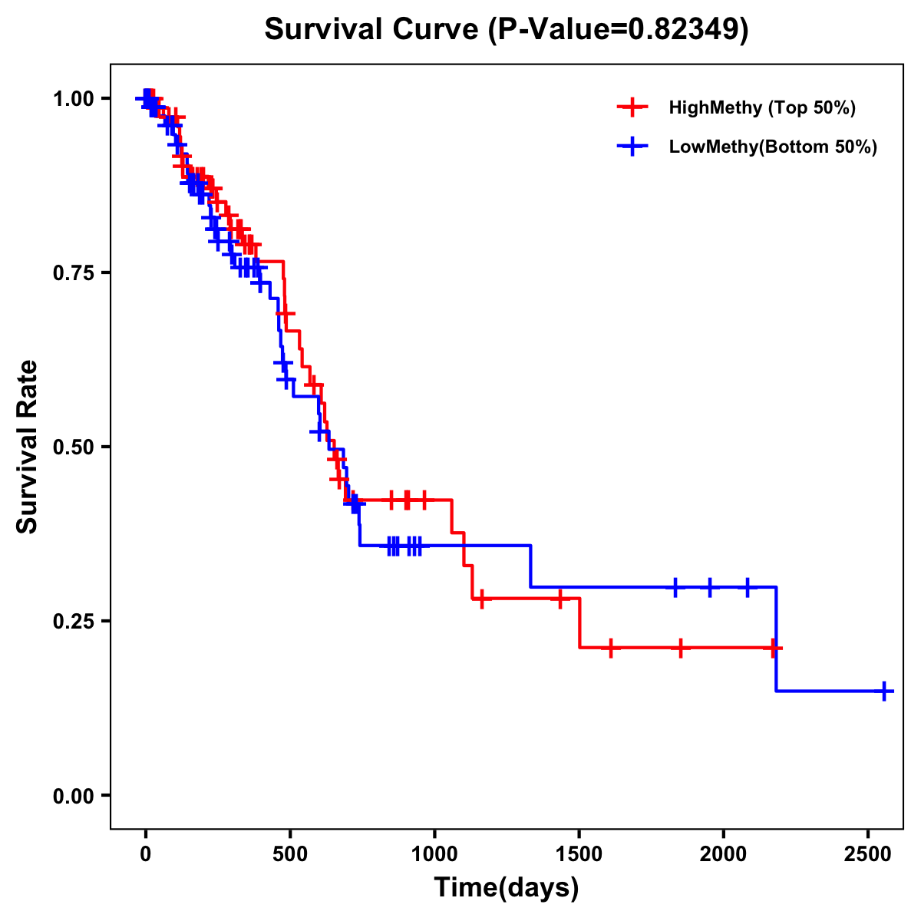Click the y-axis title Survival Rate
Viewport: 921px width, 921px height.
(x=28, y=446)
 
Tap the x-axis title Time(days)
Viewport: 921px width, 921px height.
(x=507, y=887)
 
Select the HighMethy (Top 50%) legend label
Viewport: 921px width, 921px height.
(x=762, y=107)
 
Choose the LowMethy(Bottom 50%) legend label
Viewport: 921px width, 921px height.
(x=773, y=147)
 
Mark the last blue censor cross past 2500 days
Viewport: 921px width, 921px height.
(x=884, y=691)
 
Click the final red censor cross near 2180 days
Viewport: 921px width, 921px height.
(x=774, y=648)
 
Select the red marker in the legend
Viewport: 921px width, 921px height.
(x=632, y=107)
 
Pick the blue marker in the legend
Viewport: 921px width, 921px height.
(x=632, y=147)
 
